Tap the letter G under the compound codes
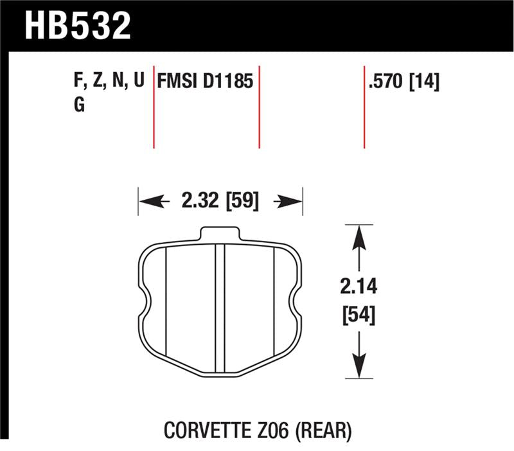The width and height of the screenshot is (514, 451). [x=79, y=106]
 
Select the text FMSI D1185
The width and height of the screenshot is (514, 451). [x=206, y=82]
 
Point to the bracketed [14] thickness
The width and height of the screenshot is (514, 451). [x=424, y=82]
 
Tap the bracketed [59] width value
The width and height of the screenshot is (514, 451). [x=241, y=202]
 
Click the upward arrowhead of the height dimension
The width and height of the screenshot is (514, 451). [x=359, y=234]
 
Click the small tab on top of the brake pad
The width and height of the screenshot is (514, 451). [x=220, y=233]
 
